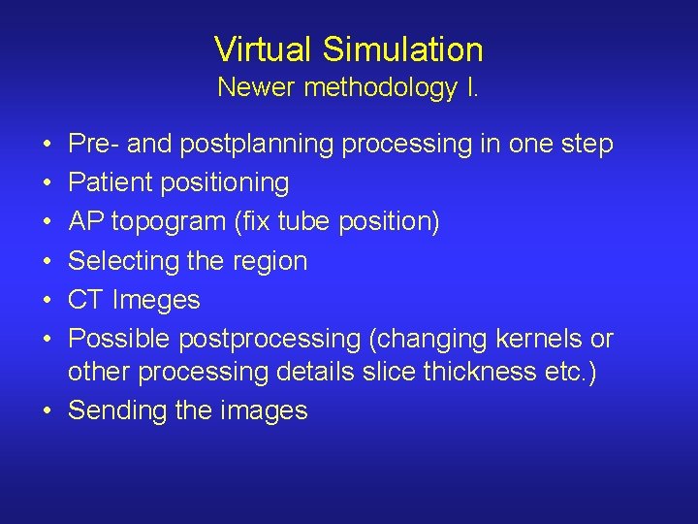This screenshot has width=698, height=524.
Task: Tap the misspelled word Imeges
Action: [x=156, y=300]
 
